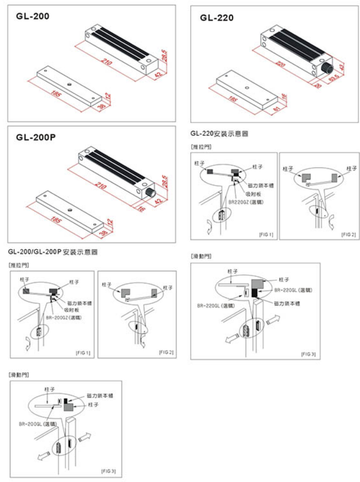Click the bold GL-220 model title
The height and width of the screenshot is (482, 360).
tap(217, 18)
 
